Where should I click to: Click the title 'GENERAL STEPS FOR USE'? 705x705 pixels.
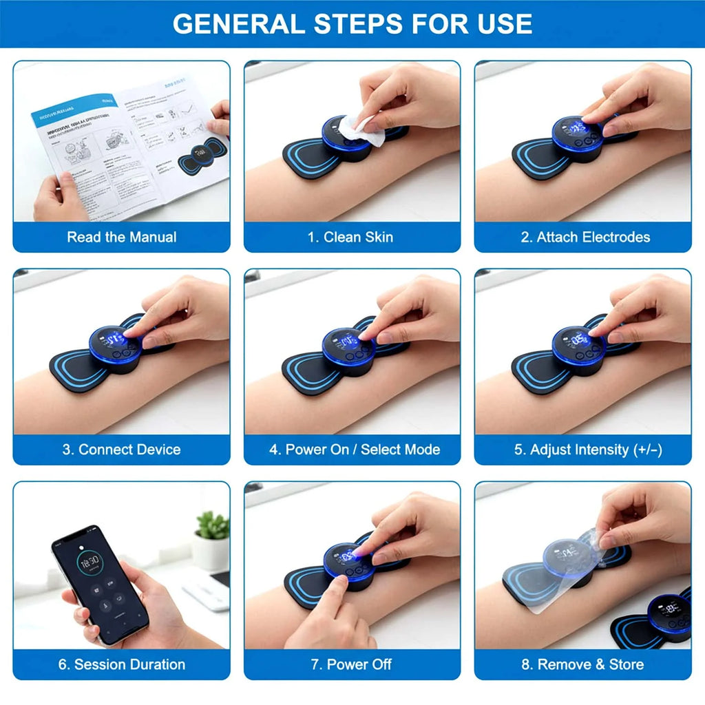352,23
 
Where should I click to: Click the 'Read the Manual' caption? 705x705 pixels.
121,237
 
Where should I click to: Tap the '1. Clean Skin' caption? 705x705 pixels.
350,237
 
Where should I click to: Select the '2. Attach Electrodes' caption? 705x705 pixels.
585,237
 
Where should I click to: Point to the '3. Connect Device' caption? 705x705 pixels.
121,450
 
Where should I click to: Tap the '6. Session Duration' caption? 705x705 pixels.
121,664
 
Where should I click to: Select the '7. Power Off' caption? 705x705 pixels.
352,664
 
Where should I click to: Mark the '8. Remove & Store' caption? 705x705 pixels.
583,664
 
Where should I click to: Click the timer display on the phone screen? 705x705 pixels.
90,561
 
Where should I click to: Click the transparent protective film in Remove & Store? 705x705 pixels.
544,571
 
